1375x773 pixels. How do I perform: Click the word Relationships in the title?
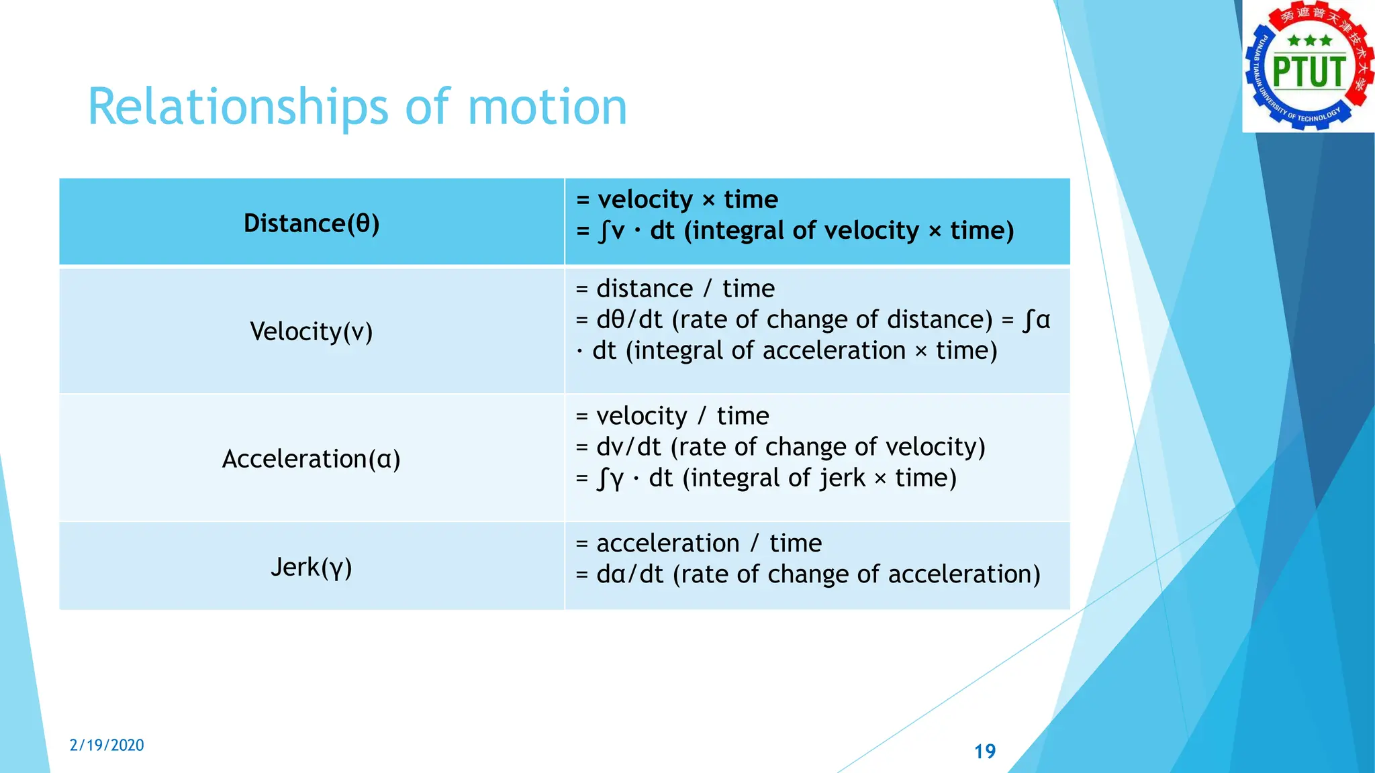pos(238,107)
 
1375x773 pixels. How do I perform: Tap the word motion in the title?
pos(547,107)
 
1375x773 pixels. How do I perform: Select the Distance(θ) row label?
pos(312,223)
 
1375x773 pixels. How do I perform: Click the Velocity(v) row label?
pos(312,331)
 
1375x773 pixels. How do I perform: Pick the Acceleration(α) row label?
pos(312,459)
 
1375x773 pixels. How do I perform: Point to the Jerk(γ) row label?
pos(312,568)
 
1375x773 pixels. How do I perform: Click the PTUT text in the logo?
pos(1309,72)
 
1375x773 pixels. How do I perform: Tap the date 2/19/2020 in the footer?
pos(107,745)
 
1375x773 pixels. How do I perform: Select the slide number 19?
pos(985,752)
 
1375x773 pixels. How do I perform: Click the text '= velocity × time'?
pos(677,199)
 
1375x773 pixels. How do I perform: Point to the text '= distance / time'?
pos(675,289)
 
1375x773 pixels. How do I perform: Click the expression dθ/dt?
pos(629,319)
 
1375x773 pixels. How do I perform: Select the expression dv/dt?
pos(628,447)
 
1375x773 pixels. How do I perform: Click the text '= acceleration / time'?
pos(698,543)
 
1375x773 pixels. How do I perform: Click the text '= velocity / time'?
pos(672,416)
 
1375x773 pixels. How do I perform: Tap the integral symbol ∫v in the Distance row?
pos(611,231)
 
